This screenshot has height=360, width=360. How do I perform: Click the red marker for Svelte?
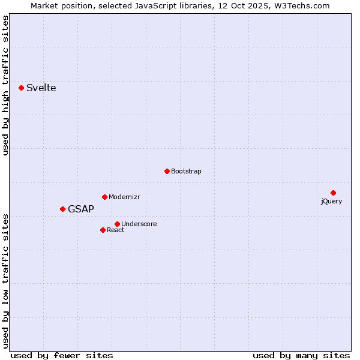(22, 88)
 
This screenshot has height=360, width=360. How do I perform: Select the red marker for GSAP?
(62, 209)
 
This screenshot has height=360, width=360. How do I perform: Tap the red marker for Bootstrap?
(167, 171)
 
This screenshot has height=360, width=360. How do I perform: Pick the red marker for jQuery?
(333, 193)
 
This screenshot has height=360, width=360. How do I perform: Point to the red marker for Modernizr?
(104, 197)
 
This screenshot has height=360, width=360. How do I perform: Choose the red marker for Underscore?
(117, 224)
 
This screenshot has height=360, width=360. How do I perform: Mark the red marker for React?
(103, 230)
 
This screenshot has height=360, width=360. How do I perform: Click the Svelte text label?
(41, 88)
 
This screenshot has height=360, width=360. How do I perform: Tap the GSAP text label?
(81, 209)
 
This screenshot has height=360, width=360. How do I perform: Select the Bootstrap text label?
(186, 172)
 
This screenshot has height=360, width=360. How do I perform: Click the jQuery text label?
(331, 201)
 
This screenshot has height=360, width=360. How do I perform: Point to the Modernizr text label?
(124, 197)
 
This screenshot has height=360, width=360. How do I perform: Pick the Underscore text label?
(139, 224)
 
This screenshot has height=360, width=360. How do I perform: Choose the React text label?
(116, 230)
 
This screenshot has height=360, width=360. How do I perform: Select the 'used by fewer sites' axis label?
(62, 355)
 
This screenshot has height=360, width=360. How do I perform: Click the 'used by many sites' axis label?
(301, 355)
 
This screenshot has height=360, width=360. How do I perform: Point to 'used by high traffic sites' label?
(6, 85)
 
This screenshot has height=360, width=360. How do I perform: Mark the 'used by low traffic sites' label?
(6, 281)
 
